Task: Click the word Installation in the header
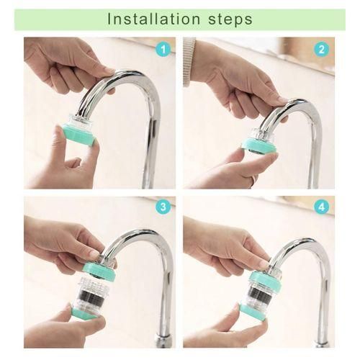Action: [153, 19]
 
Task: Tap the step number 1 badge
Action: [163, 50]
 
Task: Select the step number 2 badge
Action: [322, 50]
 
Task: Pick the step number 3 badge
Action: [163, 207]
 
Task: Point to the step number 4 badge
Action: [322, 207]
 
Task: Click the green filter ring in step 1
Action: [77, 135]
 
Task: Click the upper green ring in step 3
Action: [99, 271]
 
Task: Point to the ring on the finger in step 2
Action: [255, 179]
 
